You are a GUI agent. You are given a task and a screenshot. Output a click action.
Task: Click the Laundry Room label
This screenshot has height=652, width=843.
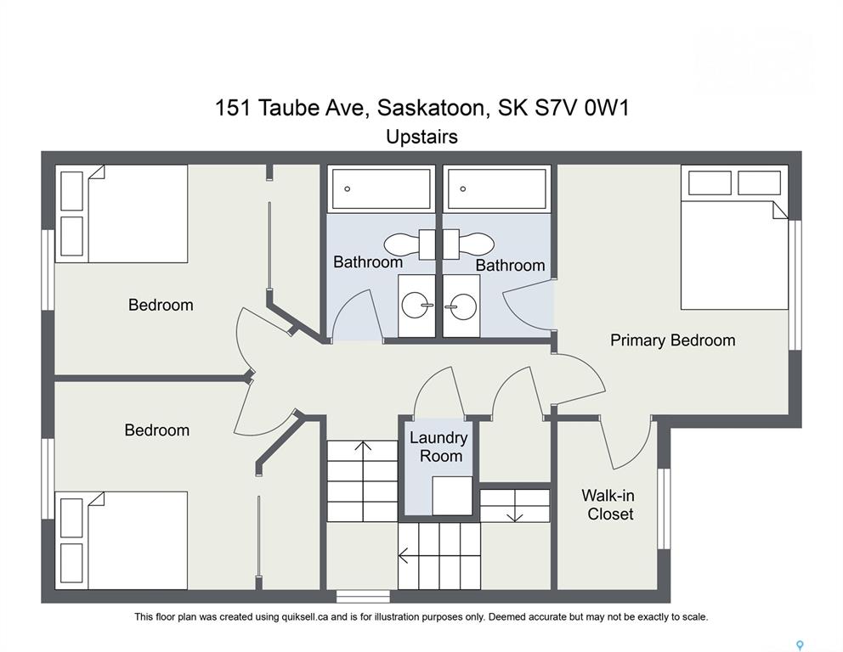[438, 447]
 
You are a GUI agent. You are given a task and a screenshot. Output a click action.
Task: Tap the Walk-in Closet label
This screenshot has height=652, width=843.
[608, 504]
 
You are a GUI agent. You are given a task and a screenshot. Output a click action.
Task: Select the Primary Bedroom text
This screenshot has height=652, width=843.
[672, 340]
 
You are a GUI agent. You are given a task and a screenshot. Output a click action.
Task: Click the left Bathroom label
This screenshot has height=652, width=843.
[368, 262]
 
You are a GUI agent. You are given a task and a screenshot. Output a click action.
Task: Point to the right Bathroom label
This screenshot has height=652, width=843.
[510, 266]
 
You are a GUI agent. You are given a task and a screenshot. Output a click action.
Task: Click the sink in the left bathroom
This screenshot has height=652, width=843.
[417, 306]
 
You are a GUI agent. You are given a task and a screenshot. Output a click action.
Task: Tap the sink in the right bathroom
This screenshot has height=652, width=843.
[461, 306]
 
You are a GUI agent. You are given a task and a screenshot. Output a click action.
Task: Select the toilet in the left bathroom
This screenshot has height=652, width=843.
[410, 244]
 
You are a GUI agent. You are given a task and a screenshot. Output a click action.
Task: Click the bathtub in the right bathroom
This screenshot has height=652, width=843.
[497, 188]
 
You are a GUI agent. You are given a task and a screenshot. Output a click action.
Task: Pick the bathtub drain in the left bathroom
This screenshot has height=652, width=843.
[348, 189]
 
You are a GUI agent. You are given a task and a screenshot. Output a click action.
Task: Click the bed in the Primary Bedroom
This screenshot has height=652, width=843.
[734, 237]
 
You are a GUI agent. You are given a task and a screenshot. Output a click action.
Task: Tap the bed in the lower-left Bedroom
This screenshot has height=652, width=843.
[122, 540]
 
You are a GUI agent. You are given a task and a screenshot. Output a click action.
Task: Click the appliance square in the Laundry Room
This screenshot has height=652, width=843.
[453, 496]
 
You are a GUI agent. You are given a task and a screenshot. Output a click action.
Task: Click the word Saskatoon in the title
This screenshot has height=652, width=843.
[434, 108]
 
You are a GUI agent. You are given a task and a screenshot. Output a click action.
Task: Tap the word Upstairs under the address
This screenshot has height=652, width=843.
[422, 137]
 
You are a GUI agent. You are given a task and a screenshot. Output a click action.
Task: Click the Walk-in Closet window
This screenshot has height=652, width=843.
[665, 509]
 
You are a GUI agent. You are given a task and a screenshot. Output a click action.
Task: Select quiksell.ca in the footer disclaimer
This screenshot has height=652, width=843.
[305, 617]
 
